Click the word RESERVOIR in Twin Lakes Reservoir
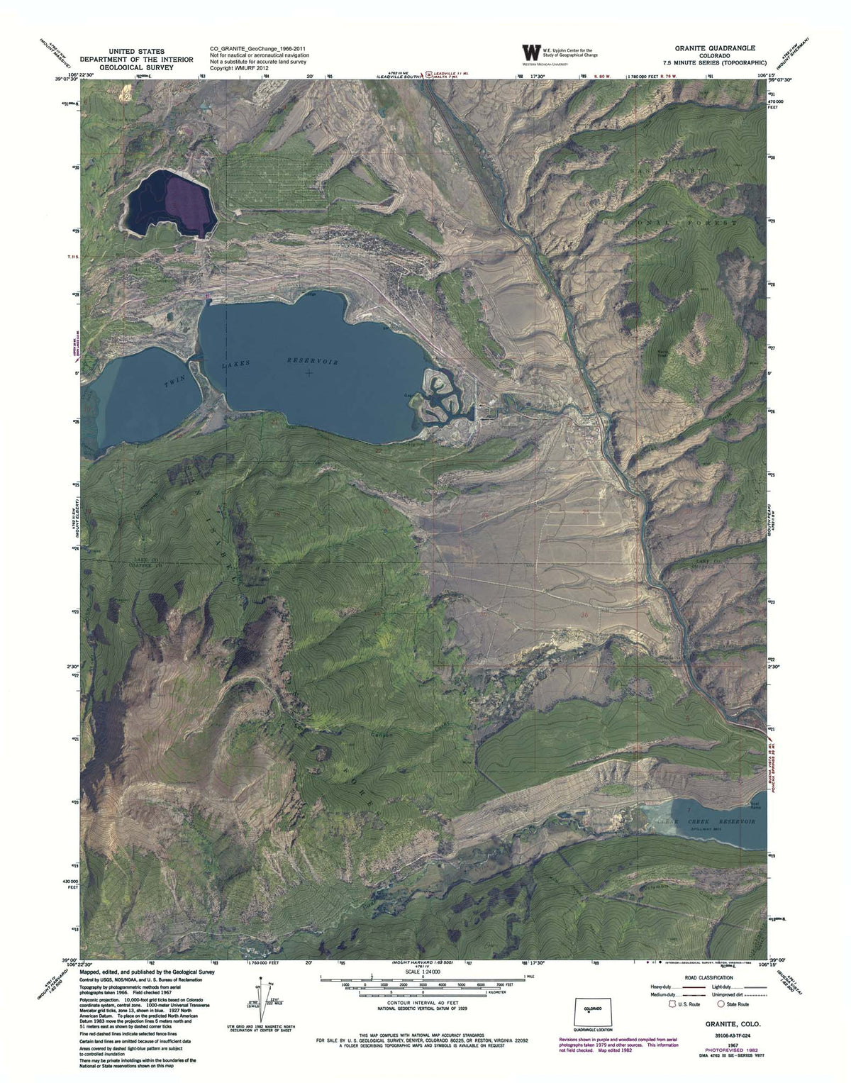[313, 360]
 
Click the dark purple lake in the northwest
[170, 206]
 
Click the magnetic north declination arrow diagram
[259, 999]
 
